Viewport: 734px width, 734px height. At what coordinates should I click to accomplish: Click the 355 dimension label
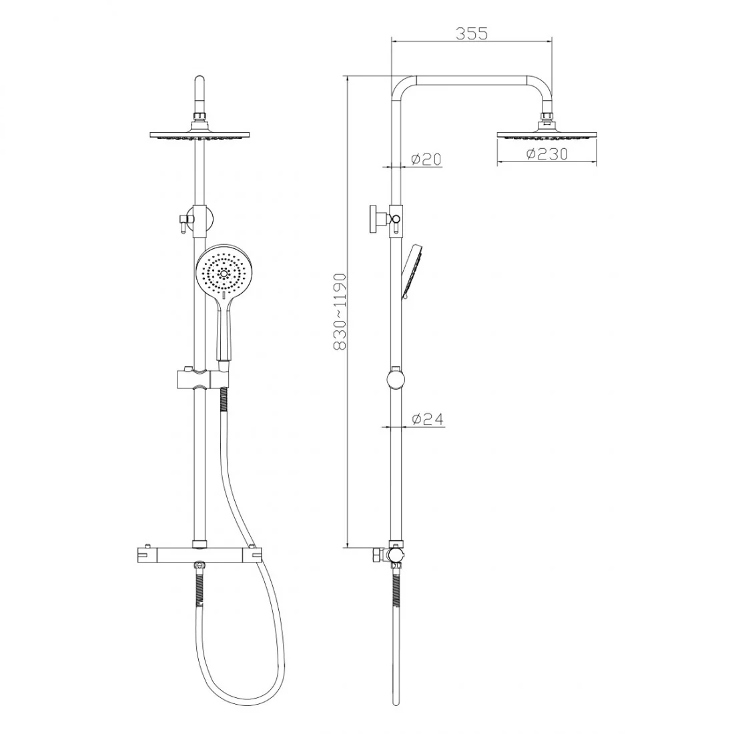click(471, 34)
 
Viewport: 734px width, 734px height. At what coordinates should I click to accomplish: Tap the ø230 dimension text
click(546, 153)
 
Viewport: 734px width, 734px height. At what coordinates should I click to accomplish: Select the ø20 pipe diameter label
click(426, 159)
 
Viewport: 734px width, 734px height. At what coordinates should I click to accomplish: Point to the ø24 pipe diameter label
click(427, 420)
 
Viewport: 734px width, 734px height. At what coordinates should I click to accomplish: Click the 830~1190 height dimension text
click(340, 312)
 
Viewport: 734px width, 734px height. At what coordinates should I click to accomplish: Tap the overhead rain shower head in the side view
click(546, 134)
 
